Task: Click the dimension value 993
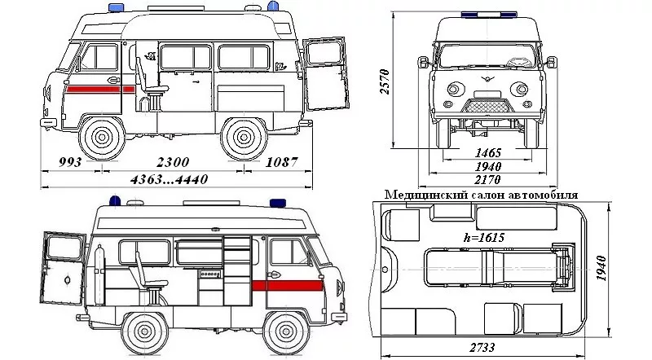pos(70,162)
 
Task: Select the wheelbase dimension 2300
pos(173,162)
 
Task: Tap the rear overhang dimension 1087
pos(281,162)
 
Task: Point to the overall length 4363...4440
pos(169,179)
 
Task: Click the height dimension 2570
pos(385,81)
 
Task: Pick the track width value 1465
pos(488,152)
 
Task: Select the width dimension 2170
pos(487,180)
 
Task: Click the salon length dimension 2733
pos(482,347)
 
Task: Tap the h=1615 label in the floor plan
pos(484,237)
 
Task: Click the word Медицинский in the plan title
pos(426,195)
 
